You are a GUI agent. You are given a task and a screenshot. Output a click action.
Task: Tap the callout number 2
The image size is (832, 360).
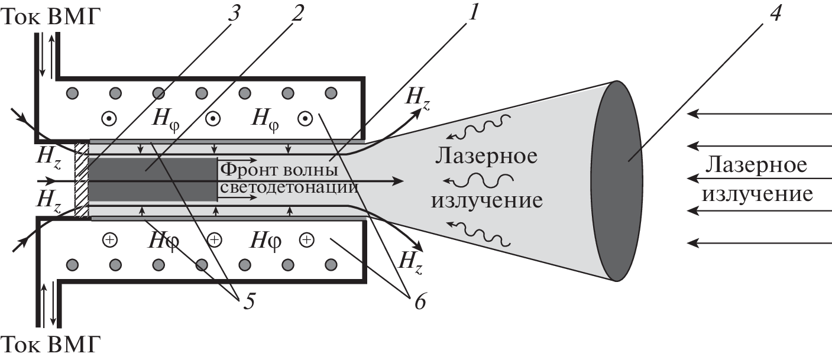[x=297, y=14]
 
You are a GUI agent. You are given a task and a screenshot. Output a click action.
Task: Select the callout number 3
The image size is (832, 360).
[x=234, y=14]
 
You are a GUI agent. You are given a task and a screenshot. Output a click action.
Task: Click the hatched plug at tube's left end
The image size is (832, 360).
[x=82, y=179]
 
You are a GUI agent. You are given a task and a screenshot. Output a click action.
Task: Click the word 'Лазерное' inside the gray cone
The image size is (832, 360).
[x=486, y=157]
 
